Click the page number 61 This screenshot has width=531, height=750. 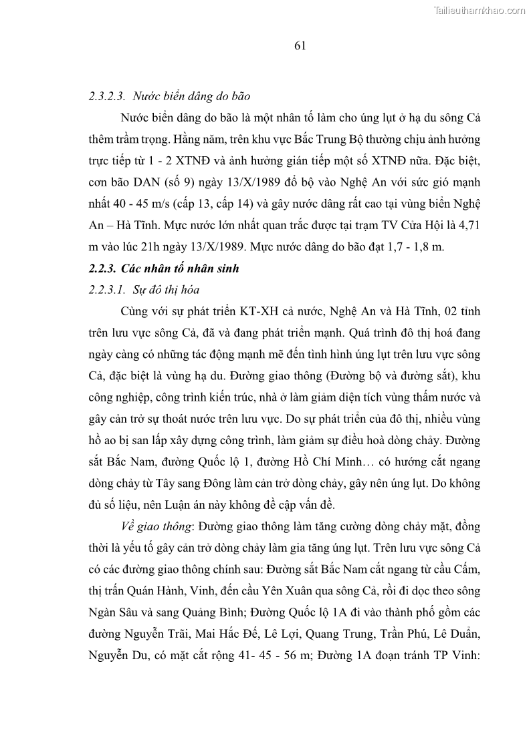point(300,45)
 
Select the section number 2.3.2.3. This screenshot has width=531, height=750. point(110,96)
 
